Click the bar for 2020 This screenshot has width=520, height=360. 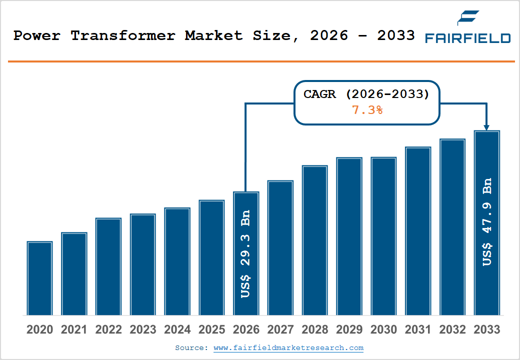[40, 278]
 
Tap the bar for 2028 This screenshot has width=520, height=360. [314, 240]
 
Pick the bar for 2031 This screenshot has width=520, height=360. [418, 231]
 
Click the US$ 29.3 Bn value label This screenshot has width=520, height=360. [245, 254]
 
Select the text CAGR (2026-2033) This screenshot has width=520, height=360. [366, 94]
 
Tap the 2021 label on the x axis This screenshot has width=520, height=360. [74, 330]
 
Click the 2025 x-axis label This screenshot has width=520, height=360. [211, 330]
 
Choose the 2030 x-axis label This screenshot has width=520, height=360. [383, 330]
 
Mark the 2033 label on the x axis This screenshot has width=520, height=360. [486, 330]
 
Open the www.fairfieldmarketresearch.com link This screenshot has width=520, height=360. [288, 348]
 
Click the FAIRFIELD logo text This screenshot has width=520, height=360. [467, 38]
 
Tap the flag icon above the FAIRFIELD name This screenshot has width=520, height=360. [468, 18]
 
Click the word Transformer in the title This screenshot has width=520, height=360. [122, 36]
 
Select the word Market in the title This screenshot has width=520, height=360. [213, 36]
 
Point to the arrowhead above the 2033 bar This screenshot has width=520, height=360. [487, 127]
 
